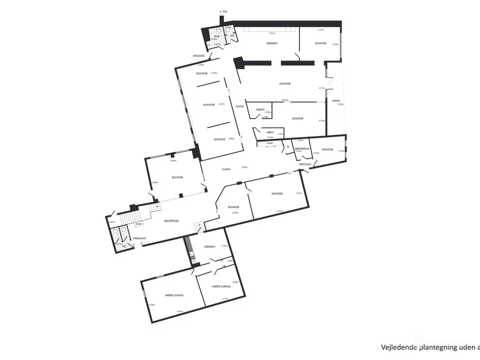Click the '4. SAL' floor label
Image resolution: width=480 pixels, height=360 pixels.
223,12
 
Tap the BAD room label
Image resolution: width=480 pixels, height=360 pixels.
217,36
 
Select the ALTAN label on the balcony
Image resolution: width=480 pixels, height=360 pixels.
336,101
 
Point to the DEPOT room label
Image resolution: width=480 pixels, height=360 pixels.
260,110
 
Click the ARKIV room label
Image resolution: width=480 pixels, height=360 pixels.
270,132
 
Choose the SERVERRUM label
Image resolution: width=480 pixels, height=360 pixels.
302,149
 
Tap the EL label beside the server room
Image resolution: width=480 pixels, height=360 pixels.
288,147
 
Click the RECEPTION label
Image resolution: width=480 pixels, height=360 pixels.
171,221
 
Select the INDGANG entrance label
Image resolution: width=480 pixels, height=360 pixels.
139,238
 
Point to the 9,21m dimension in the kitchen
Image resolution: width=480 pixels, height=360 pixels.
272,33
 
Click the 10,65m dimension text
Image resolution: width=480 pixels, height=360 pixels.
285,100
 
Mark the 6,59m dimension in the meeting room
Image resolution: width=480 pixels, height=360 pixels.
180,312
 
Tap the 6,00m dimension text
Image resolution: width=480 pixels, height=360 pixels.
173,161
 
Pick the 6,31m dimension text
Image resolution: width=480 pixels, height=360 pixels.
280,211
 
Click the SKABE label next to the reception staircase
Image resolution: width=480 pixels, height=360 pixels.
138,224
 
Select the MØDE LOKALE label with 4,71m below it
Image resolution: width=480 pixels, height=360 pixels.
221,286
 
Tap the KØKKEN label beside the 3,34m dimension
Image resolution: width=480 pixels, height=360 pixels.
210,247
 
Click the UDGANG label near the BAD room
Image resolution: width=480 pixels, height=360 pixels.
199,56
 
